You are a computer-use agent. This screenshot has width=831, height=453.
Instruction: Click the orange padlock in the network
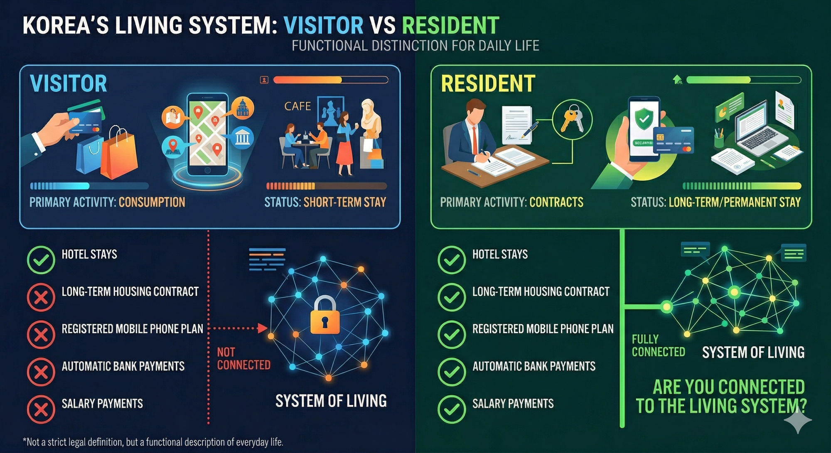(325, 315)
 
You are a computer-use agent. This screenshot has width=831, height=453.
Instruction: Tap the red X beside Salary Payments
(41, 409)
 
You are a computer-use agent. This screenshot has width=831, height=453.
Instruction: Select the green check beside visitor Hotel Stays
(41, 260)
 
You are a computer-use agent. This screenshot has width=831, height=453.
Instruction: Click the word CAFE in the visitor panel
(297, 106)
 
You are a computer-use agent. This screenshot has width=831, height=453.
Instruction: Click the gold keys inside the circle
(572, 119)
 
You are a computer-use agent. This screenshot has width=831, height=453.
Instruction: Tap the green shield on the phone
(644, 118)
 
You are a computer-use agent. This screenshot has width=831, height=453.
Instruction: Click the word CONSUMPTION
(152, 202)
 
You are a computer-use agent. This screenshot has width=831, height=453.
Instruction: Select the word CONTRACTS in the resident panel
(556, 202)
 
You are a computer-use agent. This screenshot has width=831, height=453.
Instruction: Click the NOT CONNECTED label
(243, 359)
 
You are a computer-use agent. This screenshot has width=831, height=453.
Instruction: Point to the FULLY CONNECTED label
(658, 346)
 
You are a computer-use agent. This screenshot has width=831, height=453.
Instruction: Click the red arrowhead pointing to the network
(262, 328)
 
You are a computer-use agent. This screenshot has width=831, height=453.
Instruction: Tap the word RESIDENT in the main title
(450, 26)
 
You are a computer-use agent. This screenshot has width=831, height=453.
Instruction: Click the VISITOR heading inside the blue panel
(69, 83)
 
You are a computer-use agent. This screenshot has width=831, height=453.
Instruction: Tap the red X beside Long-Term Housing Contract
(41, 297)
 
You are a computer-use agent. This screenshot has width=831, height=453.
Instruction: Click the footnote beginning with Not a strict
(153, 442)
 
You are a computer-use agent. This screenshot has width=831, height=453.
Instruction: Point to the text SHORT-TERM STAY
(345, 202)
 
